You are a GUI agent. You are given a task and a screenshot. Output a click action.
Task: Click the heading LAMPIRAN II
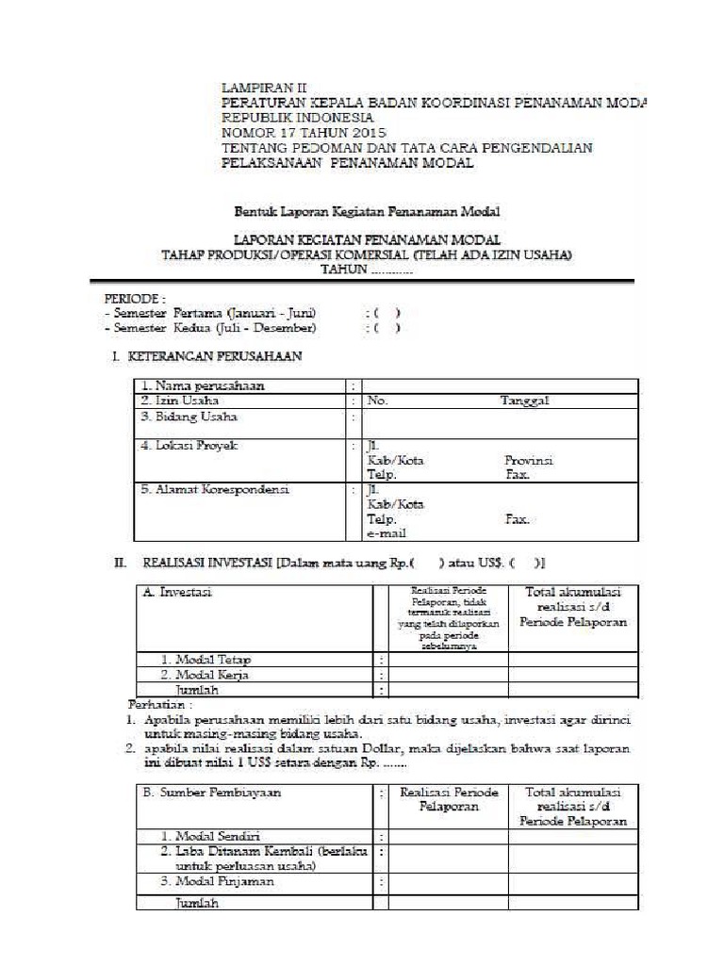[263, 89]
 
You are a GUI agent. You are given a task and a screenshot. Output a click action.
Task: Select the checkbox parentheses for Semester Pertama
[387, 313]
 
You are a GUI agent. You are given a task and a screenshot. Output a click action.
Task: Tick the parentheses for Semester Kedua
[387, 328]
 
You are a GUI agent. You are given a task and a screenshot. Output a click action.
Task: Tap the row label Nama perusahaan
[203, 385]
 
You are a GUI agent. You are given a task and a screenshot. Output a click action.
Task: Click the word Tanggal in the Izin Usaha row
[524, 401]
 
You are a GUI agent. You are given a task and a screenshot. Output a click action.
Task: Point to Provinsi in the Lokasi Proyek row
[529, 461]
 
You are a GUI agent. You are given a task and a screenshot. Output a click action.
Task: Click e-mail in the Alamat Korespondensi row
[387, 533]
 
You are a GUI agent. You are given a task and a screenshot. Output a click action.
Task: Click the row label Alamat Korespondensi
[215, 490]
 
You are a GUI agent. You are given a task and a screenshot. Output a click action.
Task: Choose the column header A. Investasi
[175, 592]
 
